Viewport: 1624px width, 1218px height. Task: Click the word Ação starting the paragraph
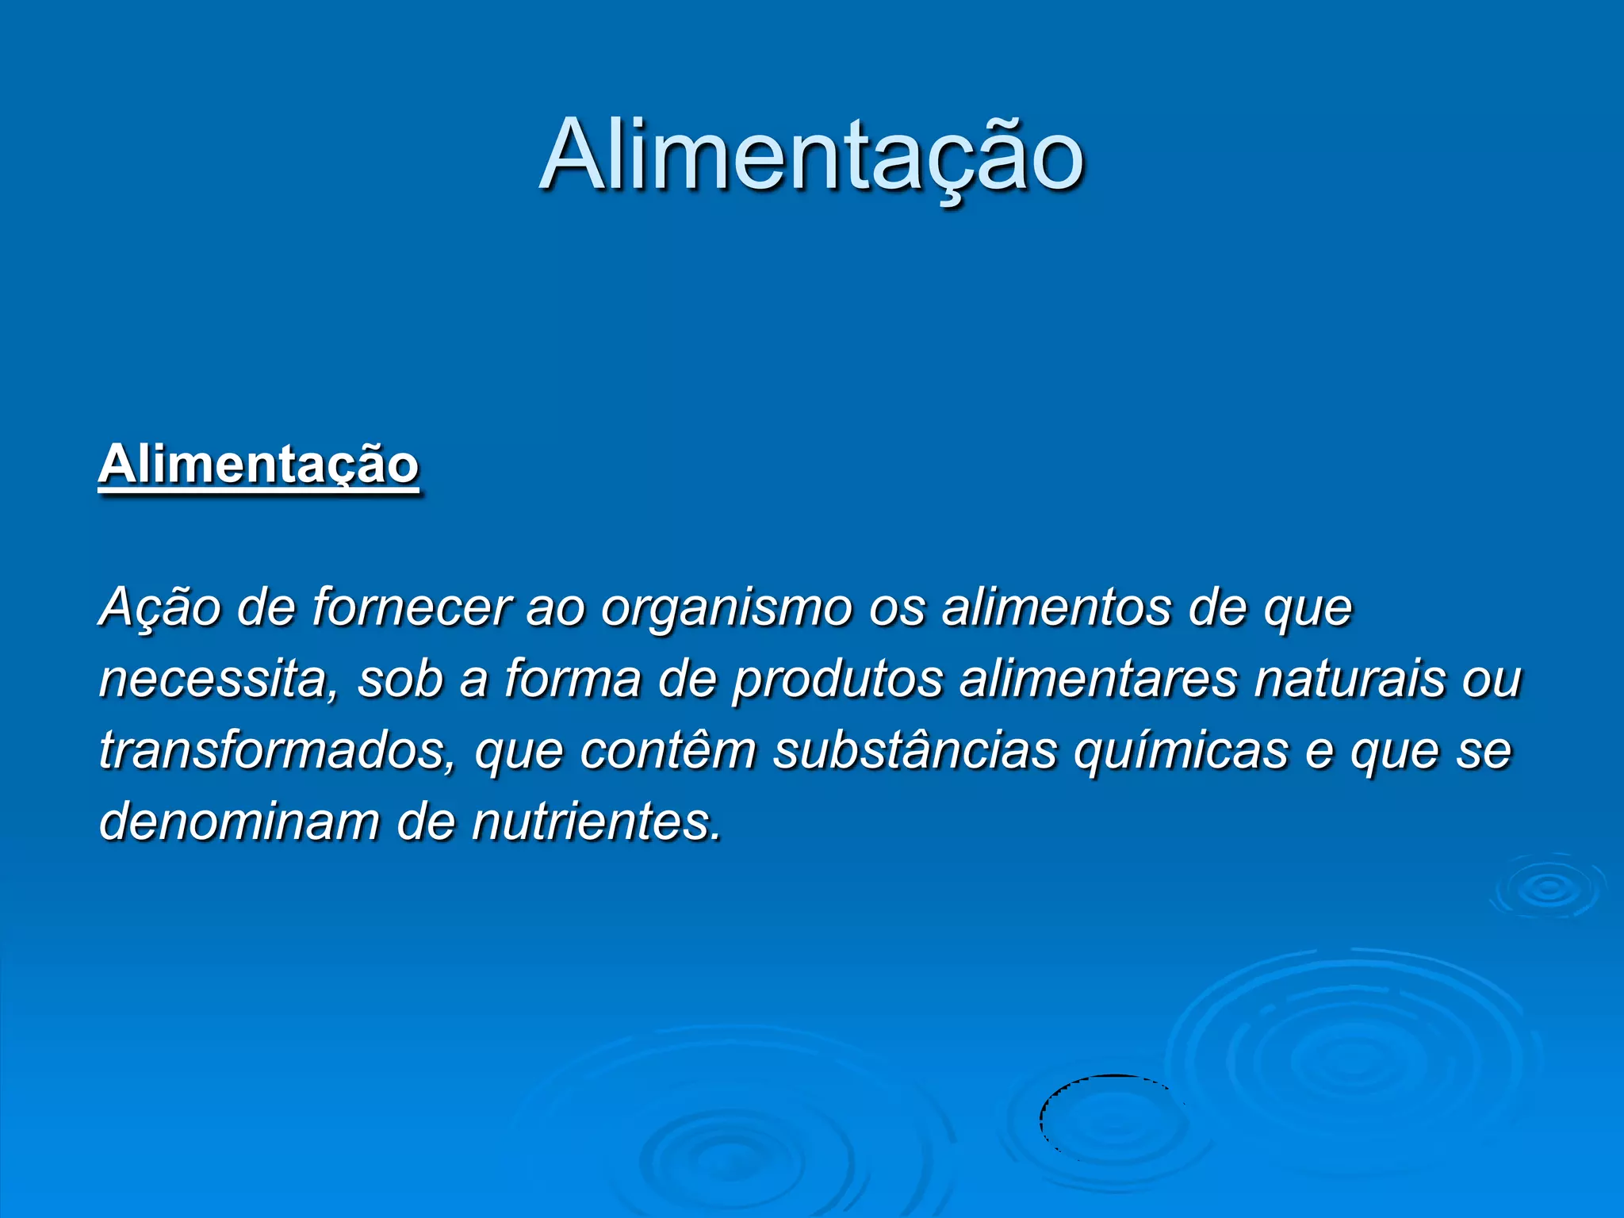tap(159, 608)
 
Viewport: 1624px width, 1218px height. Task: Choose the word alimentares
tap(1098, 680)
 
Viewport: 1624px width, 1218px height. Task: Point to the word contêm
tap(668, 751)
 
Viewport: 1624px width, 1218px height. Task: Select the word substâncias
tap(915, 751)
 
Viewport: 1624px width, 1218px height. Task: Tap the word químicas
tap(1182, 751)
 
